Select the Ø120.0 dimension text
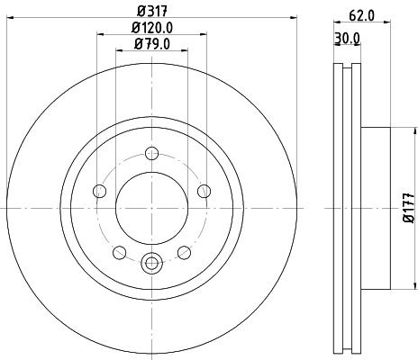(150, 28)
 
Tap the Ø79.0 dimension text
(150, 44)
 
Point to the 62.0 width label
(361, 13)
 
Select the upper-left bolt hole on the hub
(98, 190)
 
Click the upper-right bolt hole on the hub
(204, 190)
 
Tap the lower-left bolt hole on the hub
(119, 252)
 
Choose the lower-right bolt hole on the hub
(184, 252)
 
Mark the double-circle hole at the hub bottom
(151, 264)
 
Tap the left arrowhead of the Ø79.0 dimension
(118, 53)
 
